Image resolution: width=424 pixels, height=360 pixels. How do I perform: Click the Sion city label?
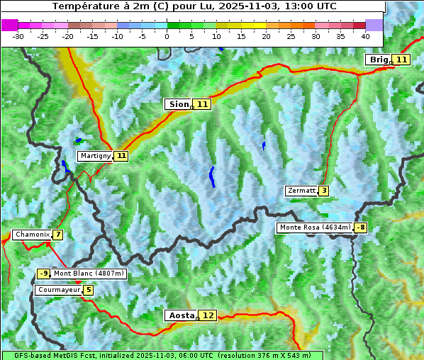point(178,104)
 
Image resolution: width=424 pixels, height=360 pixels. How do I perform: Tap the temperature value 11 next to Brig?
point(401,60)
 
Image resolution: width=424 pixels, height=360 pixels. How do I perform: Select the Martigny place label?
point(95,156)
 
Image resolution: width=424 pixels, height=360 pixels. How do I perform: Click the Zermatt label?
point(301,191)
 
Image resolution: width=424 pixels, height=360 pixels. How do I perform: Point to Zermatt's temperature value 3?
point(324,191)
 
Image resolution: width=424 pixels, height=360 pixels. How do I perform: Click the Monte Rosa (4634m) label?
point(315,227)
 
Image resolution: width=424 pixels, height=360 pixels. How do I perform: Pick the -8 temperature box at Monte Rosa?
point(361,227)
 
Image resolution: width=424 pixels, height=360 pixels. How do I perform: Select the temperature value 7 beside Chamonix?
point(57,235)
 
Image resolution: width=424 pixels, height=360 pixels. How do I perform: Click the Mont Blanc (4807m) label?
point(89,274)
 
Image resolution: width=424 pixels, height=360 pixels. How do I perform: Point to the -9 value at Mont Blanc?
point(44,274)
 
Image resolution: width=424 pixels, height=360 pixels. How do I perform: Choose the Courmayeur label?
point(58,290)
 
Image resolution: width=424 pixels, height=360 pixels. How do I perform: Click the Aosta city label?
point(180,315)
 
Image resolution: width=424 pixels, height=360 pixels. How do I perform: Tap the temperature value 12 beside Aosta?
point(207,315)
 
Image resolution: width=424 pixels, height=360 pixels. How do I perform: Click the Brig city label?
point(379,60)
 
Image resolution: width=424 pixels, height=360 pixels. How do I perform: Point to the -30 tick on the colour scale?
point(18,36)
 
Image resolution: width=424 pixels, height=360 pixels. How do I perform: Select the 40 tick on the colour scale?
point(365,36)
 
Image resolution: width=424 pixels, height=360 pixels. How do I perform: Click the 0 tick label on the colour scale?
point(167,36)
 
